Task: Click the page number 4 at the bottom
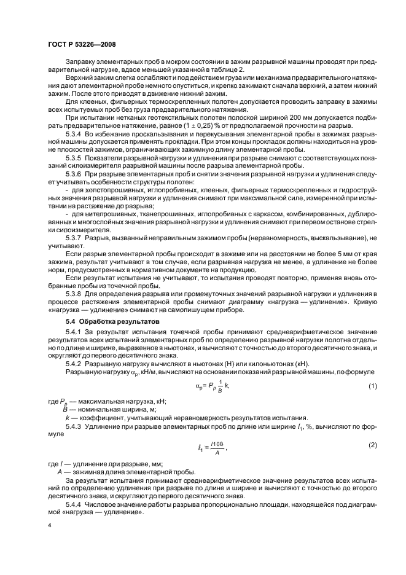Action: [x=49, y=526]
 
